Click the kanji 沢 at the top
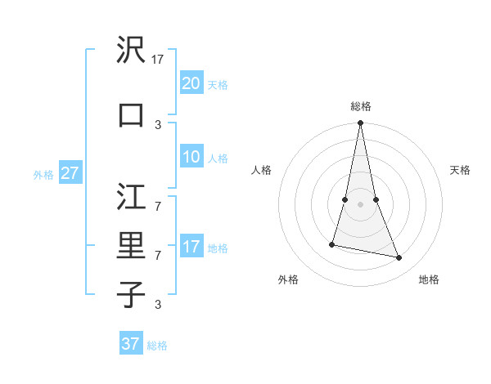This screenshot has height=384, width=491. point(131,51)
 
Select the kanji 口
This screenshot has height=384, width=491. point(131,115)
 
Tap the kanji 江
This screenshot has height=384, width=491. point(131,196)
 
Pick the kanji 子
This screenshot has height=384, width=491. point(131,294)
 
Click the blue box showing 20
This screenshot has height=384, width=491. point(191,83)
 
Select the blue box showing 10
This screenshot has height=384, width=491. point(191,157)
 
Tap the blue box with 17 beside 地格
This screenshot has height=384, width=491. point(191,247)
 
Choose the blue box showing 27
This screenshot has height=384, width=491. point(70,173)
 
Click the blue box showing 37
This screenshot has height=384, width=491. point(130,344)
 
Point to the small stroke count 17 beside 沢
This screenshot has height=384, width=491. point(159,59)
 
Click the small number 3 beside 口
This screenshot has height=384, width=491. point(158,124)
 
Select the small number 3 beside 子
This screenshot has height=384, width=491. point(158,304)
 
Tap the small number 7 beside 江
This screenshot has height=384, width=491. point(158,198)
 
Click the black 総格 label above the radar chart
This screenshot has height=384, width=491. point(361,106)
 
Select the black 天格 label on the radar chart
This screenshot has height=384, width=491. point(460,170)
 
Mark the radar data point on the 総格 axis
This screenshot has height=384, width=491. point(361,123)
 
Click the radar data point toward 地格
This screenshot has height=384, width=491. point(399,258)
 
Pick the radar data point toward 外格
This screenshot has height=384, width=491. point(332,243)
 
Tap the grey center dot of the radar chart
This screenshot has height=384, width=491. point(361,203)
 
